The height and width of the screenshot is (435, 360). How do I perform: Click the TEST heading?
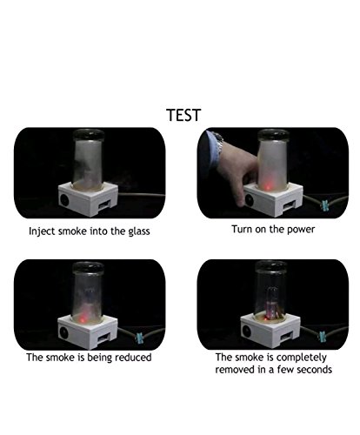pyautogui.click(x=183, y=115)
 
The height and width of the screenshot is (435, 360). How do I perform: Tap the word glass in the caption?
pyautogui.click(x=139, y=231)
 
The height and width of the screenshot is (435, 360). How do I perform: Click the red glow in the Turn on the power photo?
pyautogui.click(x=268, y=185)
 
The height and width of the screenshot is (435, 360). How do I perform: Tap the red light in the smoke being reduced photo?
pyautogui.click(x=83, y=318)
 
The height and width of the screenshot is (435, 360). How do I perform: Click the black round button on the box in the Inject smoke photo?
pyautogui.click(x=64, y=200)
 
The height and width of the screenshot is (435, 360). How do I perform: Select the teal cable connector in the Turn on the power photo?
pyautogui.click(x=324, y=204)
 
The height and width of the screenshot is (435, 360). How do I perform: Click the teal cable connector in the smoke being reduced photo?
pyautogui.click(x=140, y=338)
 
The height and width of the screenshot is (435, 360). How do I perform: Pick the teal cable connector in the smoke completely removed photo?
pyautogui.click(x=323, y=337)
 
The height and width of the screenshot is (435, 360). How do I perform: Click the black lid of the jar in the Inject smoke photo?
pyautogui.click(x=89, y=135)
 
